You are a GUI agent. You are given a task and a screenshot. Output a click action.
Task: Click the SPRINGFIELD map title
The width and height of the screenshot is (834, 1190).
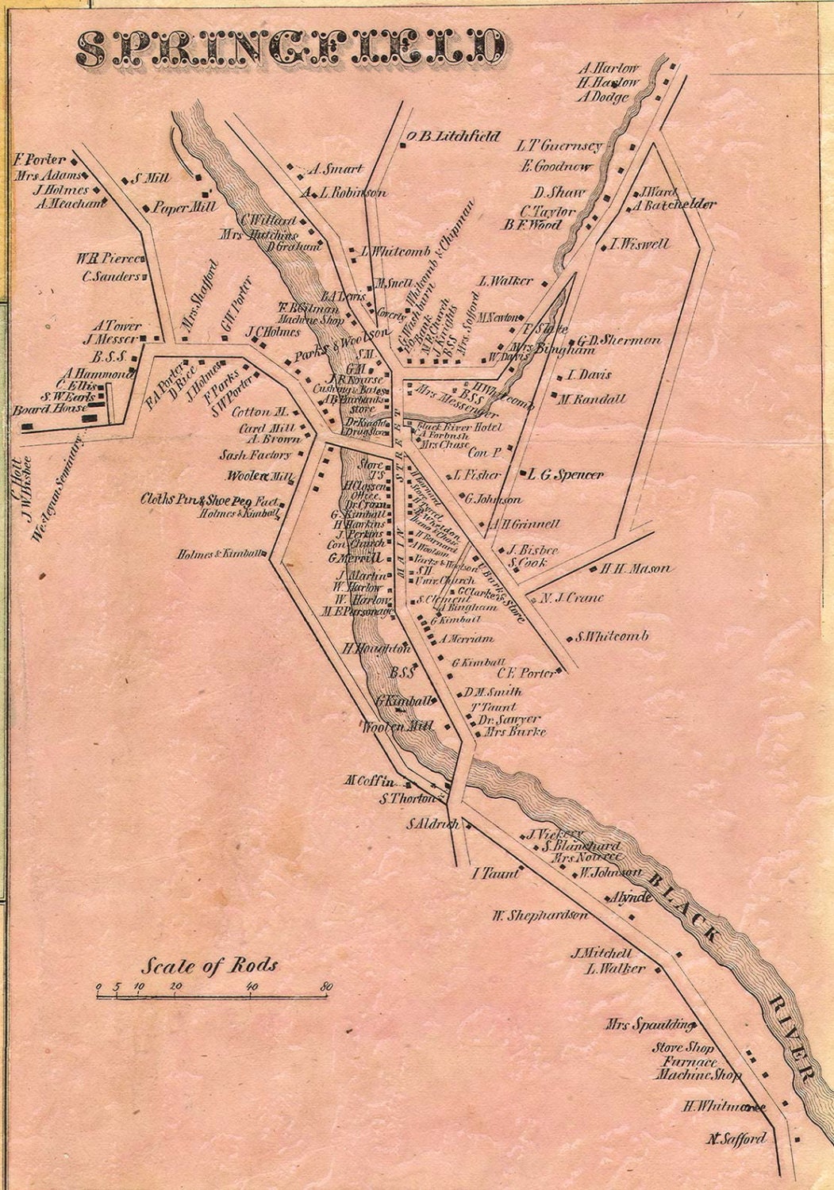pyautogui.click(x=290, y=49)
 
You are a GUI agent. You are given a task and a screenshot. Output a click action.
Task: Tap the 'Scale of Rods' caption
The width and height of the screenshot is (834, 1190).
pyautogui.click(x=209, y=965)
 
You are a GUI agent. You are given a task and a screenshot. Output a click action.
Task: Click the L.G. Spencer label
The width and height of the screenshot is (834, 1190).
pyautogui.click(x=566, y=474)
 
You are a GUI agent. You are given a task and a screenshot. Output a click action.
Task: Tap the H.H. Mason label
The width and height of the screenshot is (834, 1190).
pyautogui.click(x=635, y=569)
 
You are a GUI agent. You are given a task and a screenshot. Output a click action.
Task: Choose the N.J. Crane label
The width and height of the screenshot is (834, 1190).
pyautogui.click(x=571, y=597)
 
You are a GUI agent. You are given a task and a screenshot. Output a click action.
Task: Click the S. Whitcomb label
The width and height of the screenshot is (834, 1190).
pyautogui.click(x=613, y=636)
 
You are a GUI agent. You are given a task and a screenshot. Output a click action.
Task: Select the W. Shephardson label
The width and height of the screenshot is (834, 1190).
pyautogui.click(x=540, y=916)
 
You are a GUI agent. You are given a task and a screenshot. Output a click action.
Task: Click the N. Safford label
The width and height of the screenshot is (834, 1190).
pyautogui.click(x=738, y=1138)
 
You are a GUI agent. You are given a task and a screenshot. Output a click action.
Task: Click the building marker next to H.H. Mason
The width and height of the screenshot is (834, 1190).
pyautogui.click(x=592, y=569)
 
